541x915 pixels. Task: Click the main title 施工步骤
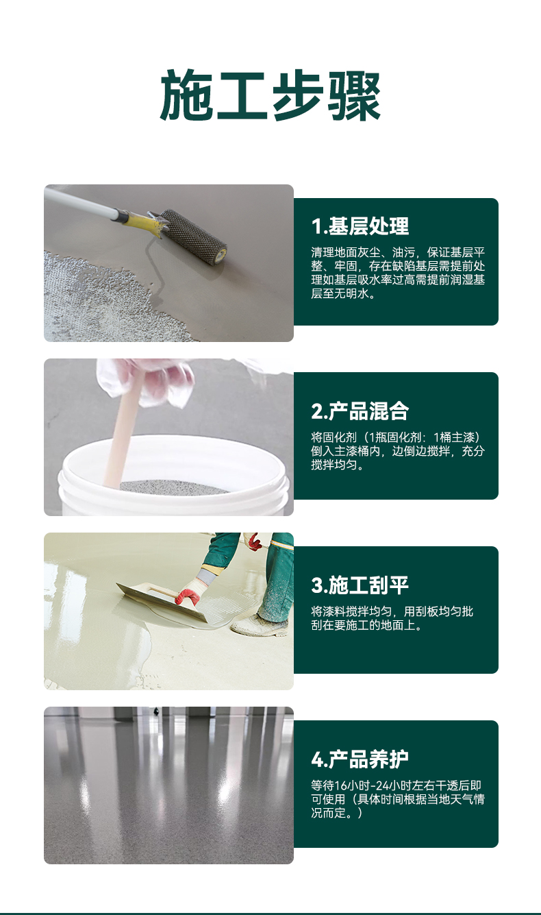point(270,95)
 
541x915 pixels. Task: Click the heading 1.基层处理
point(360,226)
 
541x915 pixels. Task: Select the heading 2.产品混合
point(360,411)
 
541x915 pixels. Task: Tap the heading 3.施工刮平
point(360,585)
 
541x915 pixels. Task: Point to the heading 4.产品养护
point(360,759)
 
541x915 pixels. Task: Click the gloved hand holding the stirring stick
point(146,382)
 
